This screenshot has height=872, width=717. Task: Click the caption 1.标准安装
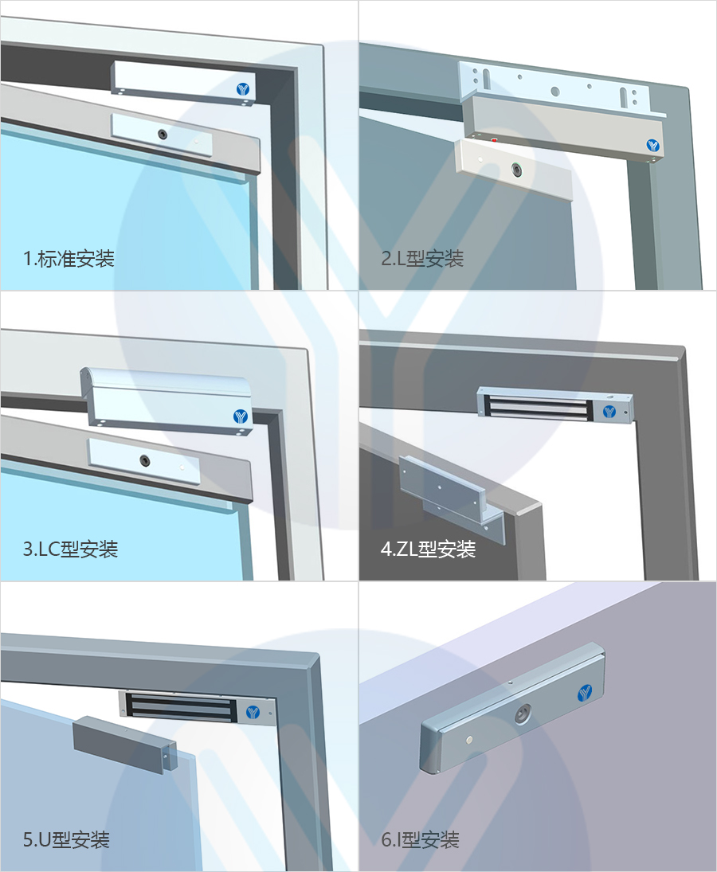tap(69, 259)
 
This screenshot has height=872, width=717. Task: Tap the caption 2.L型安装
tap(422, 259)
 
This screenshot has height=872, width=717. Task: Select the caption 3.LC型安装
tap(71, 549)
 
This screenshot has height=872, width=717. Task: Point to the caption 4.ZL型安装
tap(429, 549)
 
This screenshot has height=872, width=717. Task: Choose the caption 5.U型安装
tap(66, 839)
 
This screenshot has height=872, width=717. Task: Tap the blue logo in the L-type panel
tap(653, 146)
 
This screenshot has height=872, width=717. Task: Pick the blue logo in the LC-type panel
tap(241, 416)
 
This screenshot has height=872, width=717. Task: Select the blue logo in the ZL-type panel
tap(609, 412)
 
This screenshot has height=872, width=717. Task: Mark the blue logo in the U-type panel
tap(253, 712)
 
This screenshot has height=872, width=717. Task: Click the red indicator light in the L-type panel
tap(494, 141)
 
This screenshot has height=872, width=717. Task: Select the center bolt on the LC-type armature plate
tap(144, 459)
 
